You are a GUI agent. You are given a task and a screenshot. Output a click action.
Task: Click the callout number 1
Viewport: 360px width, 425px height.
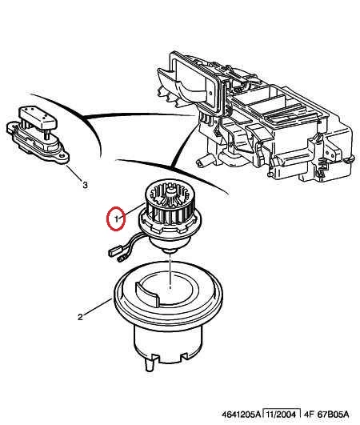[117, 219]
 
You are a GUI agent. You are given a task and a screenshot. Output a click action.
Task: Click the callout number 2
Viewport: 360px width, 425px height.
[80, 317]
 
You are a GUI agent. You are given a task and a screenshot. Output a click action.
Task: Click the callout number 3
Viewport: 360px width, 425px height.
[85, 185]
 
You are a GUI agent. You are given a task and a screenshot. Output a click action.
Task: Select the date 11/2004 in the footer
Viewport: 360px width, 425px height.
[281, 415]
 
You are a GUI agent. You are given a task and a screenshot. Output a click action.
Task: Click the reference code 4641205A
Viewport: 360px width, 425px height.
[241, 415]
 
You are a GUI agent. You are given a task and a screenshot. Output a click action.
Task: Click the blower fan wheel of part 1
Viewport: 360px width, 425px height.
[170, 201]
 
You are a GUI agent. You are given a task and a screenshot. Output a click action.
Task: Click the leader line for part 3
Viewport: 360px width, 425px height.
[74, 173]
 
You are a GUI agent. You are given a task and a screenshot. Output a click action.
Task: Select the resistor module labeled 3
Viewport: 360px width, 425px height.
[38, 134]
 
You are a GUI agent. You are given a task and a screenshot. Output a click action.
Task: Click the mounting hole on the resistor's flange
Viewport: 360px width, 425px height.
[63, 156]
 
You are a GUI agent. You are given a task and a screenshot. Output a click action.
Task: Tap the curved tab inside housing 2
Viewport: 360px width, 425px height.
[146, 294]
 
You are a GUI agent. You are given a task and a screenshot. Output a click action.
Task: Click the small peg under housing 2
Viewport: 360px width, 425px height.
[150, 365]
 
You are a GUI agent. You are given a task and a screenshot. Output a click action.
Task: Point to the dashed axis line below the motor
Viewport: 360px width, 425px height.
[170, 271]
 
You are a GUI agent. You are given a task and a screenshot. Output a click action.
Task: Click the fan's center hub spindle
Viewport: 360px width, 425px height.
[170, 191]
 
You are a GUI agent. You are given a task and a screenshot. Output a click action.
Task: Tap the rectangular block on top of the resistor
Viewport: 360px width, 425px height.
[37, 117]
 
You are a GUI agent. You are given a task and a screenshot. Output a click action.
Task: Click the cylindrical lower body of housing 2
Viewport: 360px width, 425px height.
[168, 344]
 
